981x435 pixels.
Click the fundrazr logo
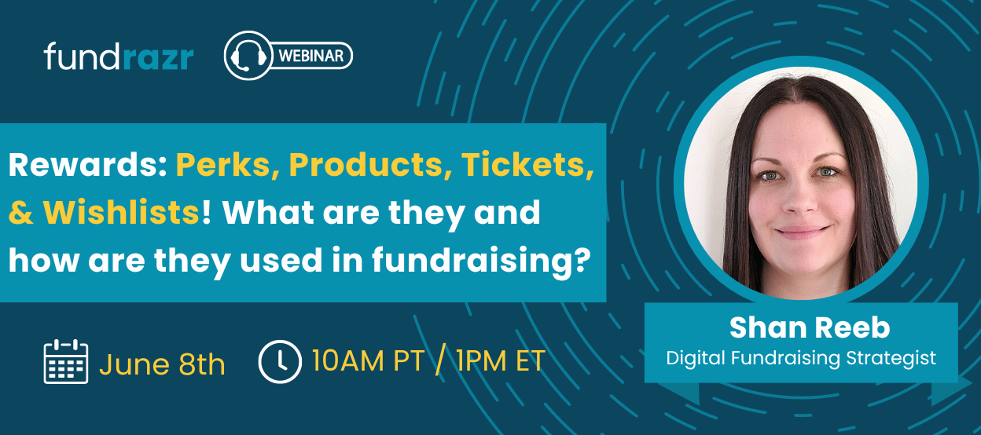[x=119, y=57]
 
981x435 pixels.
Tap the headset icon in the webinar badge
[x=248, y=56]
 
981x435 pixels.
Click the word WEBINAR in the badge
[x=311, y=56]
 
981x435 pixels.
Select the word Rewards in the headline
[x=87, y=165]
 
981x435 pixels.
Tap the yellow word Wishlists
[x=121, y=213]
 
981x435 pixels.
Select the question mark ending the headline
[x=582, y=258]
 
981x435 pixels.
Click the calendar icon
[x=66, y=361]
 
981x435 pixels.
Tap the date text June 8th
[x=162, y=364]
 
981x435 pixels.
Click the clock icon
[x=280, y=362]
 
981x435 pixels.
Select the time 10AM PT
[x=369, y=361]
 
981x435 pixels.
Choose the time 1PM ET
[x=501, y=361]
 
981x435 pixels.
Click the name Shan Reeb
[x=810, y=327]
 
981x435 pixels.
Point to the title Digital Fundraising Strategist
[x=801, y=358]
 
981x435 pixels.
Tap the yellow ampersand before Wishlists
[x=21, y=213]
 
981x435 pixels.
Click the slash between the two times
[x=440, y=360]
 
